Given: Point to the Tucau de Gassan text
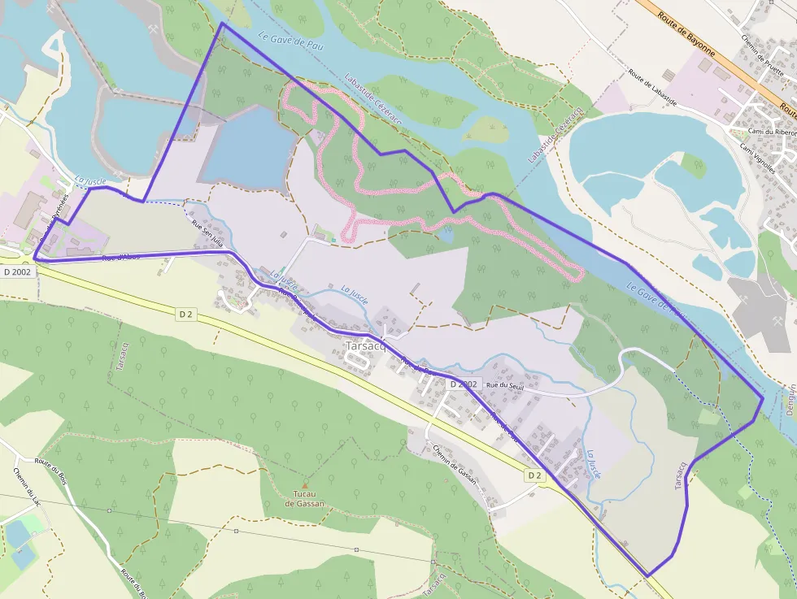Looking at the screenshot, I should [x=305, y=498].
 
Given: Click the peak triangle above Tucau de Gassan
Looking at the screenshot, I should [x=305, y=484].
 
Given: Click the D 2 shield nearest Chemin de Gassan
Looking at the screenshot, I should [x=534, y=475].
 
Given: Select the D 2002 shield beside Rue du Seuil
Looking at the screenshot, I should [x=462, y=384].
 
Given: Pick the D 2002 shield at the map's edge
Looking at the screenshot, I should [x=16, y=271].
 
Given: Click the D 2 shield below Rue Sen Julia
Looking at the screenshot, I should [x=186, y=313].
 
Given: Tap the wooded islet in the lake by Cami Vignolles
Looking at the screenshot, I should [x=693, y=165].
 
